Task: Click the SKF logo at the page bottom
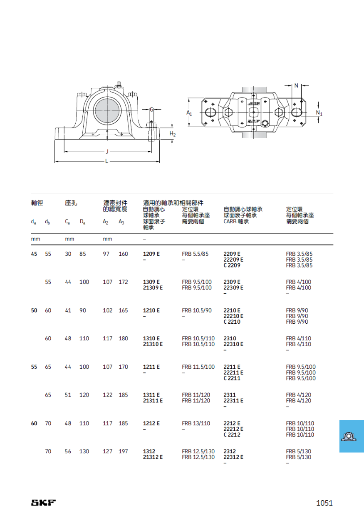[43, 503]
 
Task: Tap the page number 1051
[324, 503]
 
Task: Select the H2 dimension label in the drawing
[173, 134]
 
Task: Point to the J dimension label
[107, 152]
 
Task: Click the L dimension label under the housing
[106, 161]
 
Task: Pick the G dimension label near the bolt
[151, 110]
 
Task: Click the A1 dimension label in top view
[189, 112]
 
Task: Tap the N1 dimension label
[319, 113]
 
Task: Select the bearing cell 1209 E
[151, 254]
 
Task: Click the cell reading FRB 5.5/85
[195, 254]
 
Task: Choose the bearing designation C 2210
[232, 322]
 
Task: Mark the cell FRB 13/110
[196, 423]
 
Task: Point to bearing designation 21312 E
[153, 457]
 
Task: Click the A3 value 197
[123, 451]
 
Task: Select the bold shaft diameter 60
[34, 423]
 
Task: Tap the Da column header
[82, 222]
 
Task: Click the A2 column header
[106, 222]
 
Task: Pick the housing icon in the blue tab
[349, 437]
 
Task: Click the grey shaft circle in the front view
[107, 110]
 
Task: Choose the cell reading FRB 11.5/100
[198, 367]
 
